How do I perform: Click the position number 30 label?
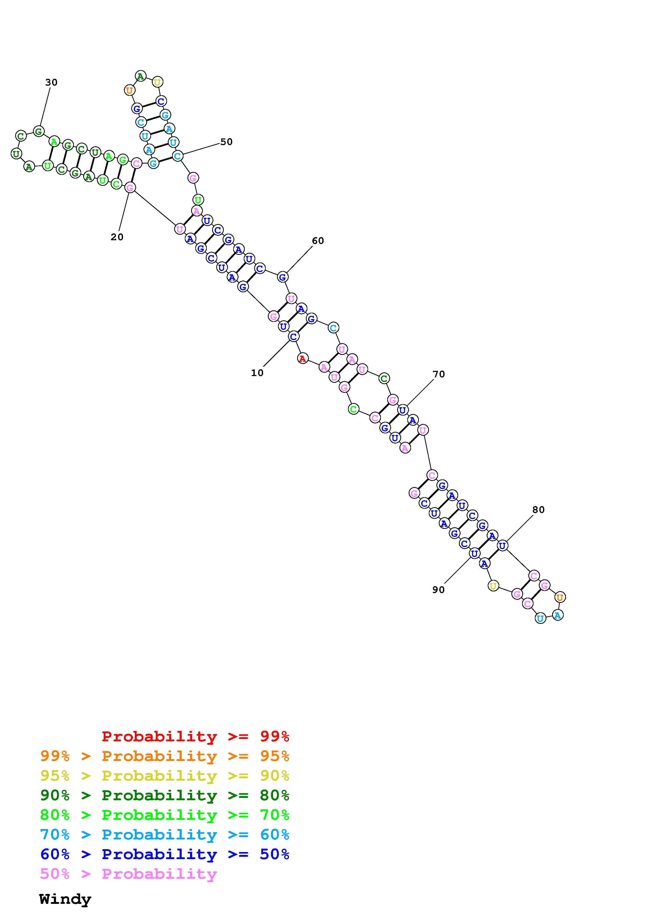51,82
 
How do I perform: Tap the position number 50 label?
226,142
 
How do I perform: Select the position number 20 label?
117,237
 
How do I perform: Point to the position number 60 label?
318,241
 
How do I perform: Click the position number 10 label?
257,373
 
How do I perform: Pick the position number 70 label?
439,374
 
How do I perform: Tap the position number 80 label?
538,510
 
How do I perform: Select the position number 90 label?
438,590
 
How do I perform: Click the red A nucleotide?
303,359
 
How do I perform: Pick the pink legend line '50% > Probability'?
128,874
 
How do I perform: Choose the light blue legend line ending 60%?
164,835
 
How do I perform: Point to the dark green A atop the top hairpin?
140,76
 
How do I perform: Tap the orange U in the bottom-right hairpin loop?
560,597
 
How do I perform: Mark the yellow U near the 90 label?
493,586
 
